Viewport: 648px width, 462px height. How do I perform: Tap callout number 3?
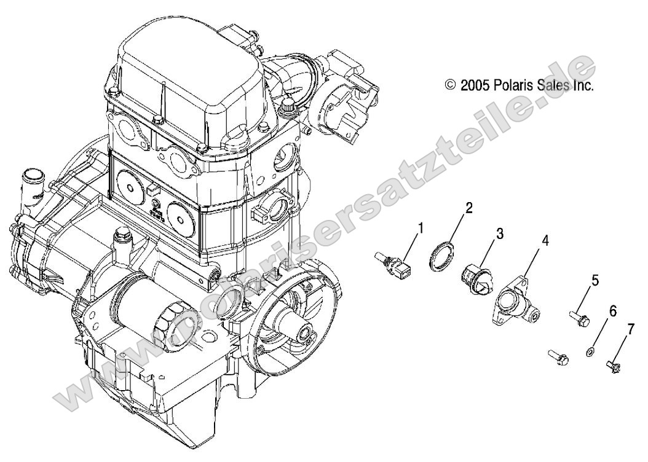[499, 233]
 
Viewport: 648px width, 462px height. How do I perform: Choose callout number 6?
[612, 311]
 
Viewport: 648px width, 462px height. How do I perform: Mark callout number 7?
[630, 330]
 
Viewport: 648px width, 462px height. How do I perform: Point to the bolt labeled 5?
[580, 318]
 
